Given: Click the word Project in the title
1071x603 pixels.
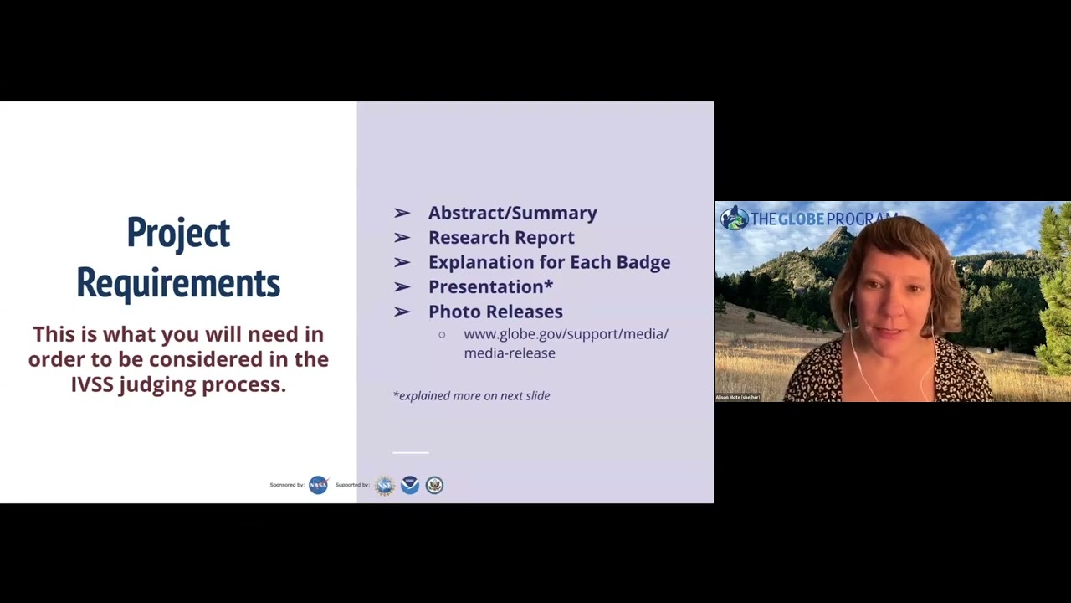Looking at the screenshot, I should pos(178,233).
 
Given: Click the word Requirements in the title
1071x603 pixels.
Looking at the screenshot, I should pos(178,283).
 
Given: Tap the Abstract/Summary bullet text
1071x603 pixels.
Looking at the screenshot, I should pos(512,213).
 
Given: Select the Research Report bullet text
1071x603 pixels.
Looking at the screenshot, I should pos(501,238).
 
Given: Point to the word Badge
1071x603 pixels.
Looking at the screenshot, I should pos(643,262).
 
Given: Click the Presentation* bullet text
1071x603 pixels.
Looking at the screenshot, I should pos(490,287).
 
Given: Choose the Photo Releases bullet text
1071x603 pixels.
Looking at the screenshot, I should pos(495,312).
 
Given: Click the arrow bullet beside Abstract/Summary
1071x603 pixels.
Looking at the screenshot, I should pos(402,214).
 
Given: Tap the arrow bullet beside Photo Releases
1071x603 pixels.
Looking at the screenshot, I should pos(402,312).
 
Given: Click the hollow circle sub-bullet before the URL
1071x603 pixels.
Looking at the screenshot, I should pos(442,334).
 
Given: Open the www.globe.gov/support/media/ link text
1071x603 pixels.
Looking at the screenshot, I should pos(566,334).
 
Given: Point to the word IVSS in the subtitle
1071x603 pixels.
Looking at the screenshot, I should pos(92,384).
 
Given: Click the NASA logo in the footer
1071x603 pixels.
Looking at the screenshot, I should pos(318,485).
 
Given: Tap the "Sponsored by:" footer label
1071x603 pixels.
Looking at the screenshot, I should pos(287,485).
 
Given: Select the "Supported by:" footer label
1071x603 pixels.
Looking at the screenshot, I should pos(352,485).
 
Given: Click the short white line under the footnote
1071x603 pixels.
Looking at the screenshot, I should pos(411,452).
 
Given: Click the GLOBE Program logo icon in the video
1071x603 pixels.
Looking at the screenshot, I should pos(734,219).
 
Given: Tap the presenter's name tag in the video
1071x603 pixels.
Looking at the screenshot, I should pos(738,397).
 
